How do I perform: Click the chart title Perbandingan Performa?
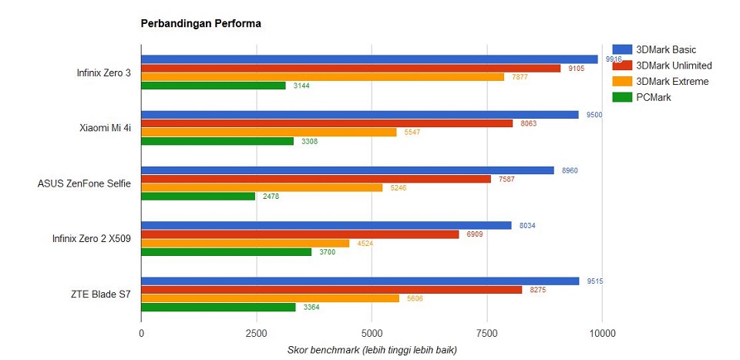pyautogui.click(x=200, y=23)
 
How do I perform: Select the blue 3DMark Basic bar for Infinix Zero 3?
pyautogui.click(x=369, y=59)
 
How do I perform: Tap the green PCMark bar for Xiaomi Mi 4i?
pyautogui.click(x=217, y=141)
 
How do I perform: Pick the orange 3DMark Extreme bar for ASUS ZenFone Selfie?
pyautogui.click(x=261, y=187)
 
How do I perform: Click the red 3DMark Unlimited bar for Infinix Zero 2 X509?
pyautogui.click(x=300, y=234)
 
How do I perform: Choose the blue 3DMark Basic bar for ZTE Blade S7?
pyautogui.click(x=360, y=281)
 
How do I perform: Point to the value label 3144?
pyautogui.click(x=302, y=86)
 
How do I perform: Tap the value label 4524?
pyautogui.click(x=365, y=243)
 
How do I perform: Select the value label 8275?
pyautogui.click(x=538, y=290)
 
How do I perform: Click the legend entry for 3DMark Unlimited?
pyautogui.click(x=673, y=66)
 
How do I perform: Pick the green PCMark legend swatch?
pyautogui.click(x=622, y=97)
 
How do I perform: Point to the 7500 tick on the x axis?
pyautogui.click(x=487, y=333)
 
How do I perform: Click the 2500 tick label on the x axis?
pyautogui.click(x=256, y=333)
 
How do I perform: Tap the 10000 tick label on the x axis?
pyautogui.click(x=602, y=333)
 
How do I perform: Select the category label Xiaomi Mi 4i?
pyautogui.click(x=105, y=128)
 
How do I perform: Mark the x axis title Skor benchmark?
pyautogui.click(x=372, y=351)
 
